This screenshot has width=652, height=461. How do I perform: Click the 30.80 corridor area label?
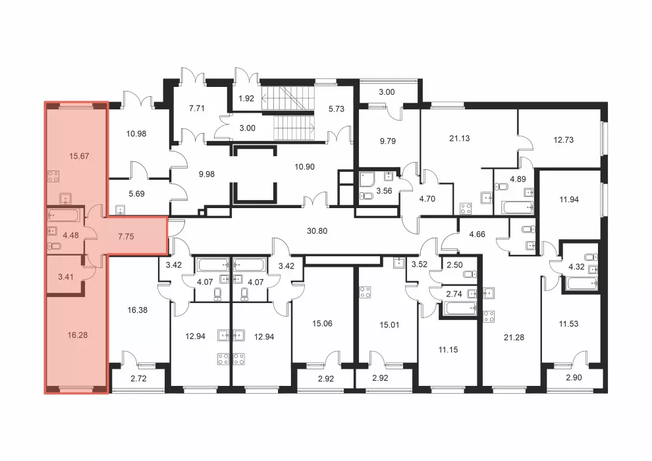click(317, 230)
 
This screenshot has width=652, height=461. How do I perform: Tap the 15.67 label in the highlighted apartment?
click(79, 156)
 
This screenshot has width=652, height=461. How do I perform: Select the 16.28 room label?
click(77, 335)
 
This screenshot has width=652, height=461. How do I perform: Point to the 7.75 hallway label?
click(126, 236)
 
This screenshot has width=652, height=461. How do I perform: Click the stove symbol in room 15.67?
click(53, 176)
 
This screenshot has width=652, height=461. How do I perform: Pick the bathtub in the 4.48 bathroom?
click(64, 215)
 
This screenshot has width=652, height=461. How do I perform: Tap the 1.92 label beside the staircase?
click(246, 99)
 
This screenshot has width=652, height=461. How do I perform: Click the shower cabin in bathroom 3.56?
click(367, 180)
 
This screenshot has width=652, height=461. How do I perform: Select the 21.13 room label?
click(460, 138)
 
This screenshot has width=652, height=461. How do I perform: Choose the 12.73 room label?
click(564, 140)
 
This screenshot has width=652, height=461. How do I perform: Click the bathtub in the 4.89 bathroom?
click(518, 207)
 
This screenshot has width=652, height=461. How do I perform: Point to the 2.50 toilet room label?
click(454, 265)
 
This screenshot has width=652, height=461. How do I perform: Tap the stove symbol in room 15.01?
click(366, 292)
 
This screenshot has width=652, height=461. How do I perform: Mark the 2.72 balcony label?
click(138, 379)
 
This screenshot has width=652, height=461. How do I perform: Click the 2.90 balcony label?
click(574, 378)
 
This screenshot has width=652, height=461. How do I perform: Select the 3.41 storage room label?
click(66, 277)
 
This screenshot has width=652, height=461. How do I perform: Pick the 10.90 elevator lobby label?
click(304, 167)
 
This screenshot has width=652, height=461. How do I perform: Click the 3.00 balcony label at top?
click(387, 92)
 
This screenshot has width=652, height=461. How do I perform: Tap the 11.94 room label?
click(569, 200)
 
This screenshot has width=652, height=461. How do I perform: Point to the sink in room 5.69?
click(121, 209)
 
